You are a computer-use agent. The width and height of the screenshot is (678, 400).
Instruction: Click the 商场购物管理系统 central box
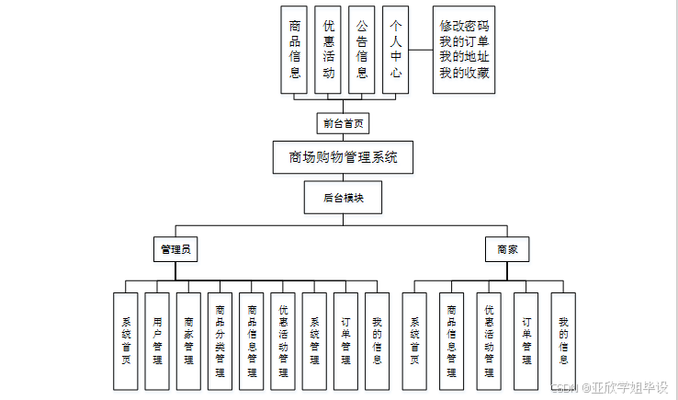[343, 157]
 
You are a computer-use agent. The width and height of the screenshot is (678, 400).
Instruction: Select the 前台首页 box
[343, 123]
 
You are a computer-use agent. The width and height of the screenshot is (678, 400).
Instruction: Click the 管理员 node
[175, 248]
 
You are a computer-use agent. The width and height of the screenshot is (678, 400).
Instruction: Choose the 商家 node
[507, 248]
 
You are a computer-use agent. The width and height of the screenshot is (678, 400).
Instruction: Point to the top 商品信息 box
[294, 50]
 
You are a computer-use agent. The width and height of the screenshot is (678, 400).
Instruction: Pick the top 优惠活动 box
[328, 50]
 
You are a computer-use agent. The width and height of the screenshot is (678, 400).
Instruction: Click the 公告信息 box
[362, 50]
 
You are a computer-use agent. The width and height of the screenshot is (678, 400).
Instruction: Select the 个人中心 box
[395, 50]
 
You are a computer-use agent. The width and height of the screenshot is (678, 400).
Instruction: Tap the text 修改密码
[464, 27]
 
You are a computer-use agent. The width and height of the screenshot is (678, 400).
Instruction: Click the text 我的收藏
[464, 74]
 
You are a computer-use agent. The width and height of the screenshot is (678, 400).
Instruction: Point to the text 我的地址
[464, 58]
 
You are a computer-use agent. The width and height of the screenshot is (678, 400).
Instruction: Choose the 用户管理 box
[157, 340]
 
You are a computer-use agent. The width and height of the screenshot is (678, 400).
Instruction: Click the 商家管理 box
[188, 340]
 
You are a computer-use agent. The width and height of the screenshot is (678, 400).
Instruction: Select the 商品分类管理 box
[220, 340]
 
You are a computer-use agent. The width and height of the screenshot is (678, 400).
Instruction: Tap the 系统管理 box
[314, 340]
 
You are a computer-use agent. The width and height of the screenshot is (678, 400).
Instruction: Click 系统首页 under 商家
[414, 340]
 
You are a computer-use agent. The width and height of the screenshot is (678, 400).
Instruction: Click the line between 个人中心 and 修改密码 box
[421, 50]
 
